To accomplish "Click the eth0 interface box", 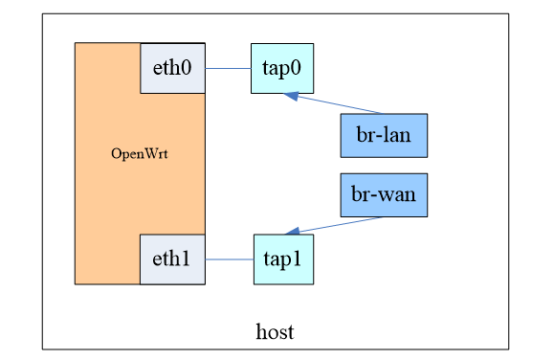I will pos(172,68).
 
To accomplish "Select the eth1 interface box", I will pos(172,259).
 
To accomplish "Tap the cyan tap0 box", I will pos(281,68).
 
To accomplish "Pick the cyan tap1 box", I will pos(283,259).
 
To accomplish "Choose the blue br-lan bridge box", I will pos(384,135).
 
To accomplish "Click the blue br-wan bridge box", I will pos(384,195).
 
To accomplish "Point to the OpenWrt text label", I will pos(140,154).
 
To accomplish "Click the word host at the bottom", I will pos(275,332).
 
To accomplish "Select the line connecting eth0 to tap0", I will pos(228,68).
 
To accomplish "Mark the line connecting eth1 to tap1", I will pos(229,259).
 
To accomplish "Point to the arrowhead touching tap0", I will pos(292,95).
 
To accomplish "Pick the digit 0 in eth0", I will pos(188,69).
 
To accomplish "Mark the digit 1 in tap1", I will pos(298,259).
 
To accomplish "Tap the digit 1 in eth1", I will pos(187,259).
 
